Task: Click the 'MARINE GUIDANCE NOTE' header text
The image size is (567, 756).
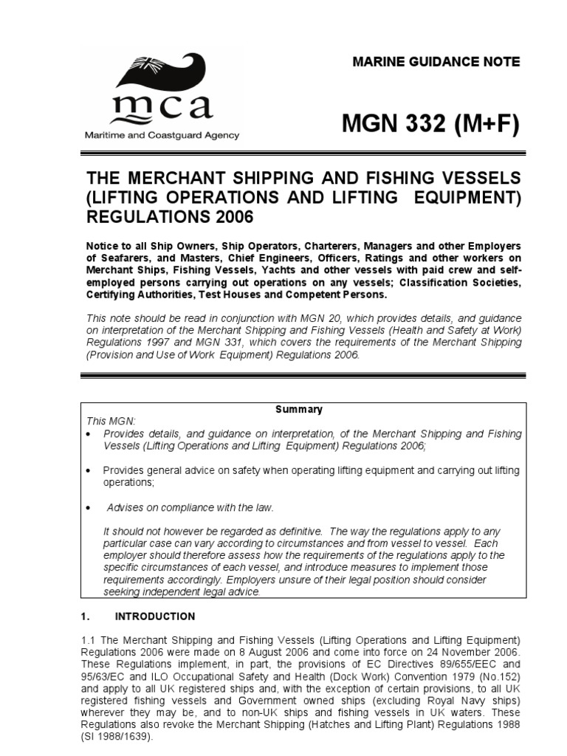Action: (x=436, y=62)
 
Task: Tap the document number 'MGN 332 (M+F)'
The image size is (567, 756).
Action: (x=430, y=125)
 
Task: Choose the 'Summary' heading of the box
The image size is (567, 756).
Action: (x=299, y=409)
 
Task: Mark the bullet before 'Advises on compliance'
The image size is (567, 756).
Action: (x=89, y=509)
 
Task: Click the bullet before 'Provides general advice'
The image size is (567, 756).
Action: (x=89, y=470)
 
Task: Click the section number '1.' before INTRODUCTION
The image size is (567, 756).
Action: (x=83, y=616)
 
